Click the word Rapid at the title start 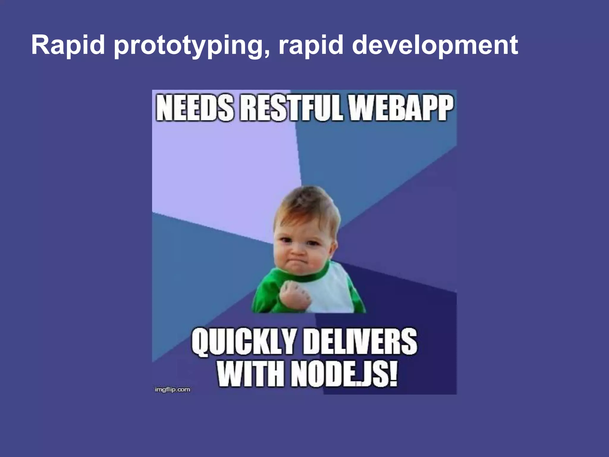[x=68, y=45]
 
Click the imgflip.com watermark [x=172, y=389]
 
